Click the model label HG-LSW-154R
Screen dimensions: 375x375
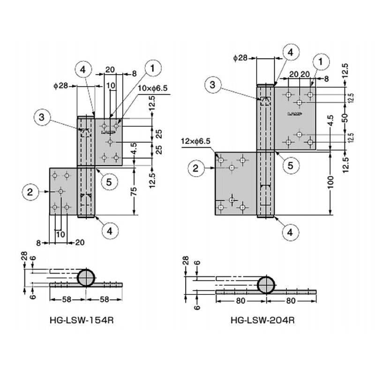click(x=82, y=320)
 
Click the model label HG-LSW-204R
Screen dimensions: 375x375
click(x=262, y=320)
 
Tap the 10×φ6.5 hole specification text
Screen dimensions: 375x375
click(x=153, y=88)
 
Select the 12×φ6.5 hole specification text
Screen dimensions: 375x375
click(x=195, y=142)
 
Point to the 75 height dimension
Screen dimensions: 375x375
click(x=134, y=191)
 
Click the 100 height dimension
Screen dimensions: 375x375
click(x=330, y=182)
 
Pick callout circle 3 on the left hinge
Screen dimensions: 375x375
click(x=42, y=118)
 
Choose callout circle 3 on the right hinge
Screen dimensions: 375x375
click(x=213, y=85)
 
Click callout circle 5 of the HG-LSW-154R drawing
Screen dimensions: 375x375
click(x=109, y=182)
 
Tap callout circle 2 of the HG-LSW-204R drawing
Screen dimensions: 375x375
click(x=196, y=168)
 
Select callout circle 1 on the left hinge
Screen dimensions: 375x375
click(x=153, y=68)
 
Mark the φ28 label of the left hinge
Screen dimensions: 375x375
click(x=61, y=86)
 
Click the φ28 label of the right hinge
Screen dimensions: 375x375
click(x=240, y=58)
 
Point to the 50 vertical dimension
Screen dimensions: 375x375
click(x=345, y=118)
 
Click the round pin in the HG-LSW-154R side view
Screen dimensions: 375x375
click(x=86, y=278)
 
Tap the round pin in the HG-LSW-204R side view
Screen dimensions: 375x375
click(x=266, y=285)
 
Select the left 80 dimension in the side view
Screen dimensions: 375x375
click(x=240, y=301)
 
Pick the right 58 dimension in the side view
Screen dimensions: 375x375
click(x=104, y=300)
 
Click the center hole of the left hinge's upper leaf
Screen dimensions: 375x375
click(x=110, y=142)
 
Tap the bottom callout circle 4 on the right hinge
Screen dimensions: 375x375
click(x=290, y=232)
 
